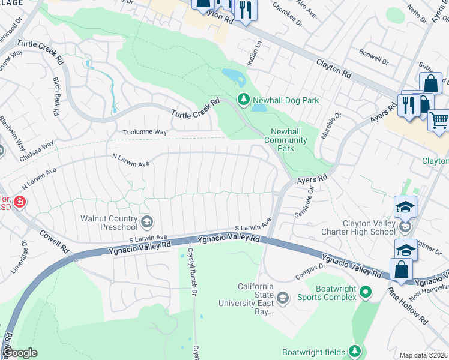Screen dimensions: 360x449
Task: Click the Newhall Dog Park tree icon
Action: coord(243,100)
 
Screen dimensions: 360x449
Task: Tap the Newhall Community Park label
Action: coord(286,140)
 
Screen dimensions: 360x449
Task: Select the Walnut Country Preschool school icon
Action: coord(146,223)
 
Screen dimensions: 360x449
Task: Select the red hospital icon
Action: coord(20,202)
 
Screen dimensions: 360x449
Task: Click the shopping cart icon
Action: coord(438,120)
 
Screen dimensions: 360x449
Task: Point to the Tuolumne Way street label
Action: coord(144,132)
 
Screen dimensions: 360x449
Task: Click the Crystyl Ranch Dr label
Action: coord(191,272)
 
